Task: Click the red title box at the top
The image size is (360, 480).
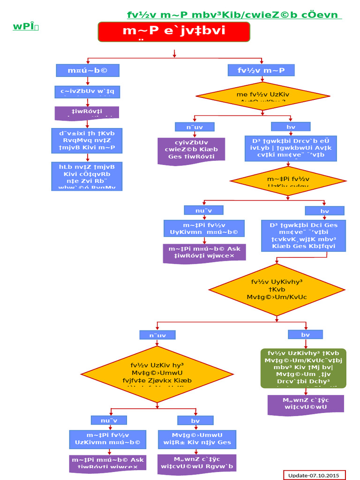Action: point(173,32)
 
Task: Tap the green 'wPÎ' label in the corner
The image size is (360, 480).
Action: point(25,27)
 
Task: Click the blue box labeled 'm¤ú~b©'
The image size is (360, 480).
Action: point(87,71)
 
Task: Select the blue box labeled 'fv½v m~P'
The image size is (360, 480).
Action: point(261,71)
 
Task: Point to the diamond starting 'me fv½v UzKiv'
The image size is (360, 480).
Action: point(262,97)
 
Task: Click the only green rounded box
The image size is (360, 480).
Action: point(303,368)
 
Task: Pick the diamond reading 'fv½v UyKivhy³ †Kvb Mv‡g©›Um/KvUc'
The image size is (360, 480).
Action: point(277,290)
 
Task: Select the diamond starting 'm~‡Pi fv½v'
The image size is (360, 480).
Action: point(288,180)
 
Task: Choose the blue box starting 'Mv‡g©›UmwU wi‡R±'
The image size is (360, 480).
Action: point(197,439)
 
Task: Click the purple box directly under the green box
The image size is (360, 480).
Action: point(305,405)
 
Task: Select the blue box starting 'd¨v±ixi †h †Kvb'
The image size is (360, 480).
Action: point(87,140)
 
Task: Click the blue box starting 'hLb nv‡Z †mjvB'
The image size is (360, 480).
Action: point(87,176)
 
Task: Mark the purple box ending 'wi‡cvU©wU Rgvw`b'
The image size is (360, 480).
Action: point(197,463)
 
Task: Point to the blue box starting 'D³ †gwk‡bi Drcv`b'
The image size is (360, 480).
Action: point(290,148)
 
